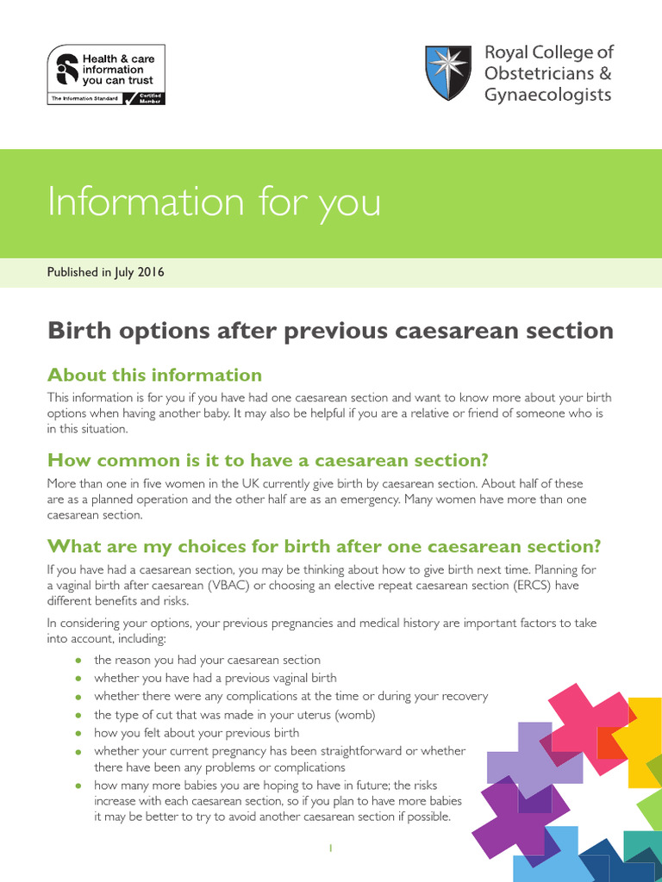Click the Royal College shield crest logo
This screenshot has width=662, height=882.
point(448,72)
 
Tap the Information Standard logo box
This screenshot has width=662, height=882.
point(105,75)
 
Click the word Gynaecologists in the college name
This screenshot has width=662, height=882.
point(547,95)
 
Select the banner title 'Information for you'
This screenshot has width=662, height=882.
point(213,202)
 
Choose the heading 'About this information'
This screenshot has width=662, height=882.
point(154,375)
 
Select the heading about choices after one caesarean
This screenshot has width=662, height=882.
point(323,546)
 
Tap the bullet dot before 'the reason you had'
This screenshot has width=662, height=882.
point(78,661)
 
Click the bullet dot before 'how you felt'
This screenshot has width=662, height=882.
point(78,734)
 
